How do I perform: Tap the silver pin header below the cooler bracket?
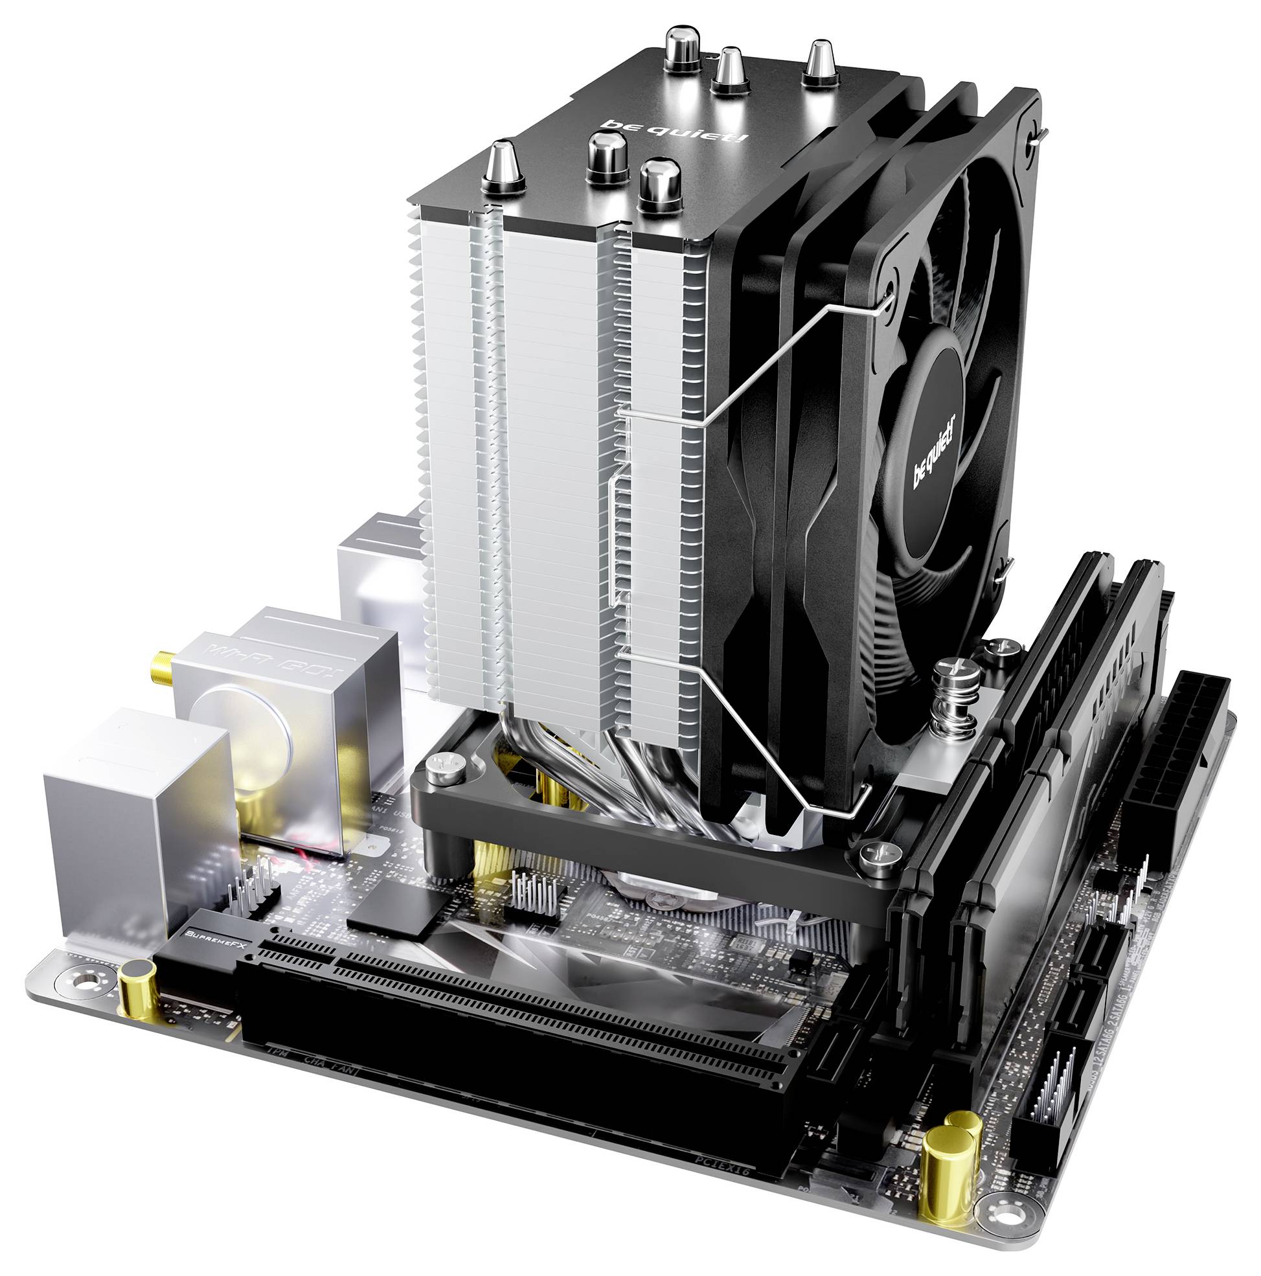pyautogui.click(x=535, y=896)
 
